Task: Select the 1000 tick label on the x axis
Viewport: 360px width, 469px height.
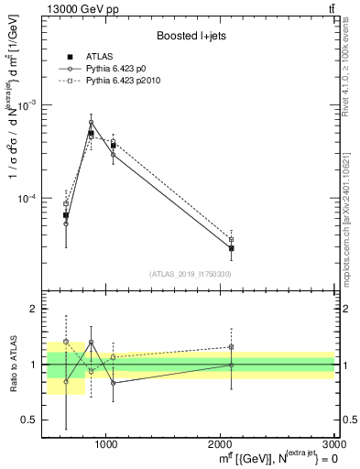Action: point(106,445)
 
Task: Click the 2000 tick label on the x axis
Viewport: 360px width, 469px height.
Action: point(221,445)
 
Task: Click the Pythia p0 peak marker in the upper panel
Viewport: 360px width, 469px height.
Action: point(91,123)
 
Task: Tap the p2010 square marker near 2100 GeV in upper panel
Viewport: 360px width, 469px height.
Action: point(232,239)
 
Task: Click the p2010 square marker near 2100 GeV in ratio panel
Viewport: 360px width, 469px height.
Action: point(232,347)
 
